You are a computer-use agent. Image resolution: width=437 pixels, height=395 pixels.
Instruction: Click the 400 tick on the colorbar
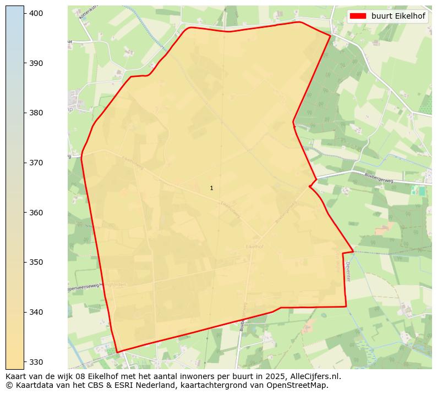pyautogui.click(x=36, y=13)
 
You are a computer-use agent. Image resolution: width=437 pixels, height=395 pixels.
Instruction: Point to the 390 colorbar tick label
pyautogui.click(x=36, y=63)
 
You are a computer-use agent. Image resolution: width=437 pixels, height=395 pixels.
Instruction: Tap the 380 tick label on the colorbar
pyautogui.click(x=36, y=113)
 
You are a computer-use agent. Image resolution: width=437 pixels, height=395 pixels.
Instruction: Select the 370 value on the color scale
pyautogui.click(x=36, y=163)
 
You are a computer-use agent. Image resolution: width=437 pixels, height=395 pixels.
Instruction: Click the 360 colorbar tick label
pyautogui.click(x=36, y=213)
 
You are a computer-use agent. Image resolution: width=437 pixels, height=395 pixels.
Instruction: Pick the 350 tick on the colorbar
pyautogui.click(x=36, y=262)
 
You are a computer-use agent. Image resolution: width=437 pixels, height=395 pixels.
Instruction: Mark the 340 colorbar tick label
pyautogui.click(x=36, y=312)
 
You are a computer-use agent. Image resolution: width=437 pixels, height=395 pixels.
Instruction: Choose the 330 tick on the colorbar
pyautogui.click(x=36, y=362)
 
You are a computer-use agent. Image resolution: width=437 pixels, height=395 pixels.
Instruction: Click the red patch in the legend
pyautogui.click(x=358, y=16)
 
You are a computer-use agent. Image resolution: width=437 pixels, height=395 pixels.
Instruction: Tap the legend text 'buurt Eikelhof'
pyautogui.click(x=398, y=16)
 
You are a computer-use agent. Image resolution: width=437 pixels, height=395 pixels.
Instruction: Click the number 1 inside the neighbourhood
pyautogui.click(x=211, y=188)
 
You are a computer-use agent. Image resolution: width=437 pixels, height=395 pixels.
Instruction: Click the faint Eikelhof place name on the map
pyautogui.click(x=254, y=247)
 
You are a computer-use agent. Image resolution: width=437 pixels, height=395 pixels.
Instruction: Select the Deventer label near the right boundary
pyautogui.click(x=348, y=271)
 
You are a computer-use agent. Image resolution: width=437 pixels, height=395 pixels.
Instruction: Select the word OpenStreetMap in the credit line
pyautogui.click(x=300, y=386)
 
